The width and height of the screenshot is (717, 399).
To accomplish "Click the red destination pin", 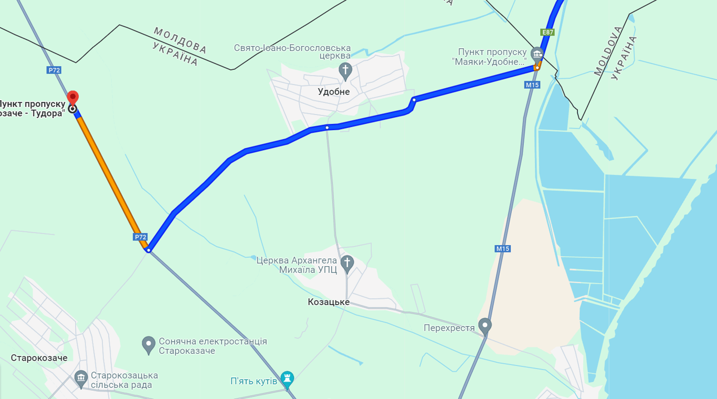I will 73,98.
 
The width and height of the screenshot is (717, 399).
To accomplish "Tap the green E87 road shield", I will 547,32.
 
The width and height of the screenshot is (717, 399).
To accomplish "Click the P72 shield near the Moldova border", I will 54,70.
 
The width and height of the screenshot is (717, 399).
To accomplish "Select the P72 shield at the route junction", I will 140,237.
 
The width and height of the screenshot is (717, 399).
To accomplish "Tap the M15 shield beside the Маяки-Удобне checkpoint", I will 532,85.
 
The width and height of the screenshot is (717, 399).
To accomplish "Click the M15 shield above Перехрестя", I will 502,249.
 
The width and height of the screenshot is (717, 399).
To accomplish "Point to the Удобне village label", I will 333,92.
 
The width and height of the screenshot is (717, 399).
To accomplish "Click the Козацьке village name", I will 329,302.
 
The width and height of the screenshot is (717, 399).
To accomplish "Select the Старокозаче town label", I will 39,358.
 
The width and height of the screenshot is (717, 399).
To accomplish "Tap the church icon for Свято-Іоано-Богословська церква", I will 345,70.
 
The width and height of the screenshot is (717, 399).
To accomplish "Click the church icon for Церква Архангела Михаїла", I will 347,264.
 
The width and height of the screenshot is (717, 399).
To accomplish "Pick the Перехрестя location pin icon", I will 485,325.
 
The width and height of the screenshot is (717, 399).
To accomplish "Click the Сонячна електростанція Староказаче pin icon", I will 149,345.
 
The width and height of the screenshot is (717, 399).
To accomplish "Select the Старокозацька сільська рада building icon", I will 81,377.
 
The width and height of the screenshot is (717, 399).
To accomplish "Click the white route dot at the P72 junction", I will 149,250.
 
